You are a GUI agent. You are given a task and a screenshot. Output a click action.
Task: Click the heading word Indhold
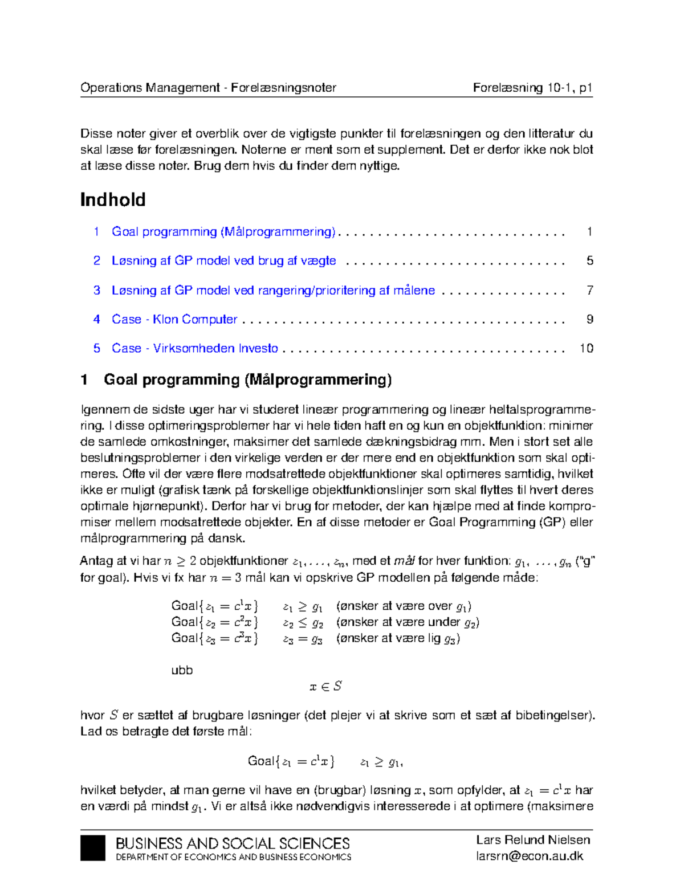(x=113, y=199)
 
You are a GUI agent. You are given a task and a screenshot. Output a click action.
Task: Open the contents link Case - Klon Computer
(x=174, y=319)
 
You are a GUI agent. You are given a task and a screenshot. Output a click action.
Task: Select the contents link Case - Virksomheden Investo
(x=195, y=348)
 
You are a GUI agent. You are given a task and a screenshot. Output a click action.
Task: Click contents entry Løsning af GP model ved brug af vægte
(x=223, y=260)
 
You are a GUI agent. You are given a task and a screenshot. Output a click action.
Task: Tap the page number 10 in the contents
(x=586, y=348)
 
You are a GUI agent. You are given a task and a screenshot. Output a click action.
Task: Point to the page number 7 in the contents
(x=589, y=290)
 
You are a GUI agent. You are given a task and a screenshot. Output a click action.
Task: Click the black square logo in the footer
(x=93, y=848)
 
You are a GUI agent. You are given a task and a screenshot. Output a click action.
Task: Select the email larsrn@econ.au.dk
(x=530, y=856)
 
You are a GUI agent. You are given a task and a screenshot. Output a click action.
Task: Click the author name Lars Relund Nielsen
(x=533, y=839)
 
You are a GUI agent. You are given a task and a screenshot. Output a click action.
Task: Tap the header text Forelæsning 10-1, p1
(x=532, y=88)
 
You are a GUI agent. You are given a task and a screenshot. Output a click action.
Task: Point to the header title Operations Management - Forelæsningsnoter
(x=208, y=88)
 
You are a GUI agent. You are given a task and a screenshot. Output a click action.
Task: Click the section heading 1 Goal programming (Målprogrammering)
(x=236, y=380)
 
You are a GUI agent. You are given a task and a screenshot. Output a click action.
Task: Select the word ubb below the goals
(x=182, y=670)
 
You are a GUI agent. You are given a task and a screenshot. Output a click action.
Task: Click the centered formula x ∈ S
(x=325, y=687)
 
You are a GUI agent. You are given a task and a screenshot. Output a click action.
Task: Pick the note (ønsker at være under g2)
(x=408, y=622)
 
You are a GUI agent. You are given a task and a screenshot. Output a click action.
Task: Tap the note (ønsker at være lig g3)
(x=398, y=638)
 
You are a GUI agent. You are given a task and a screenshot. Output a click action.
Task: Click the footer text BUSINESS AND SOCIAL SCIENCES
(x=233, y=843)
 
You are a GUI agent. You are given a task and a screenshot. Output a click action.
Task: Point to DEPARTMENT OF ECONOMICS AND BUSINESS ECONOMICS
(x=233, y=857)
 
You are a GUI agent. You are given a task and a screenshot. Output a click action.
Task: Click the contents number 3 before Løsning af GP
(x=97, y=290)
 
